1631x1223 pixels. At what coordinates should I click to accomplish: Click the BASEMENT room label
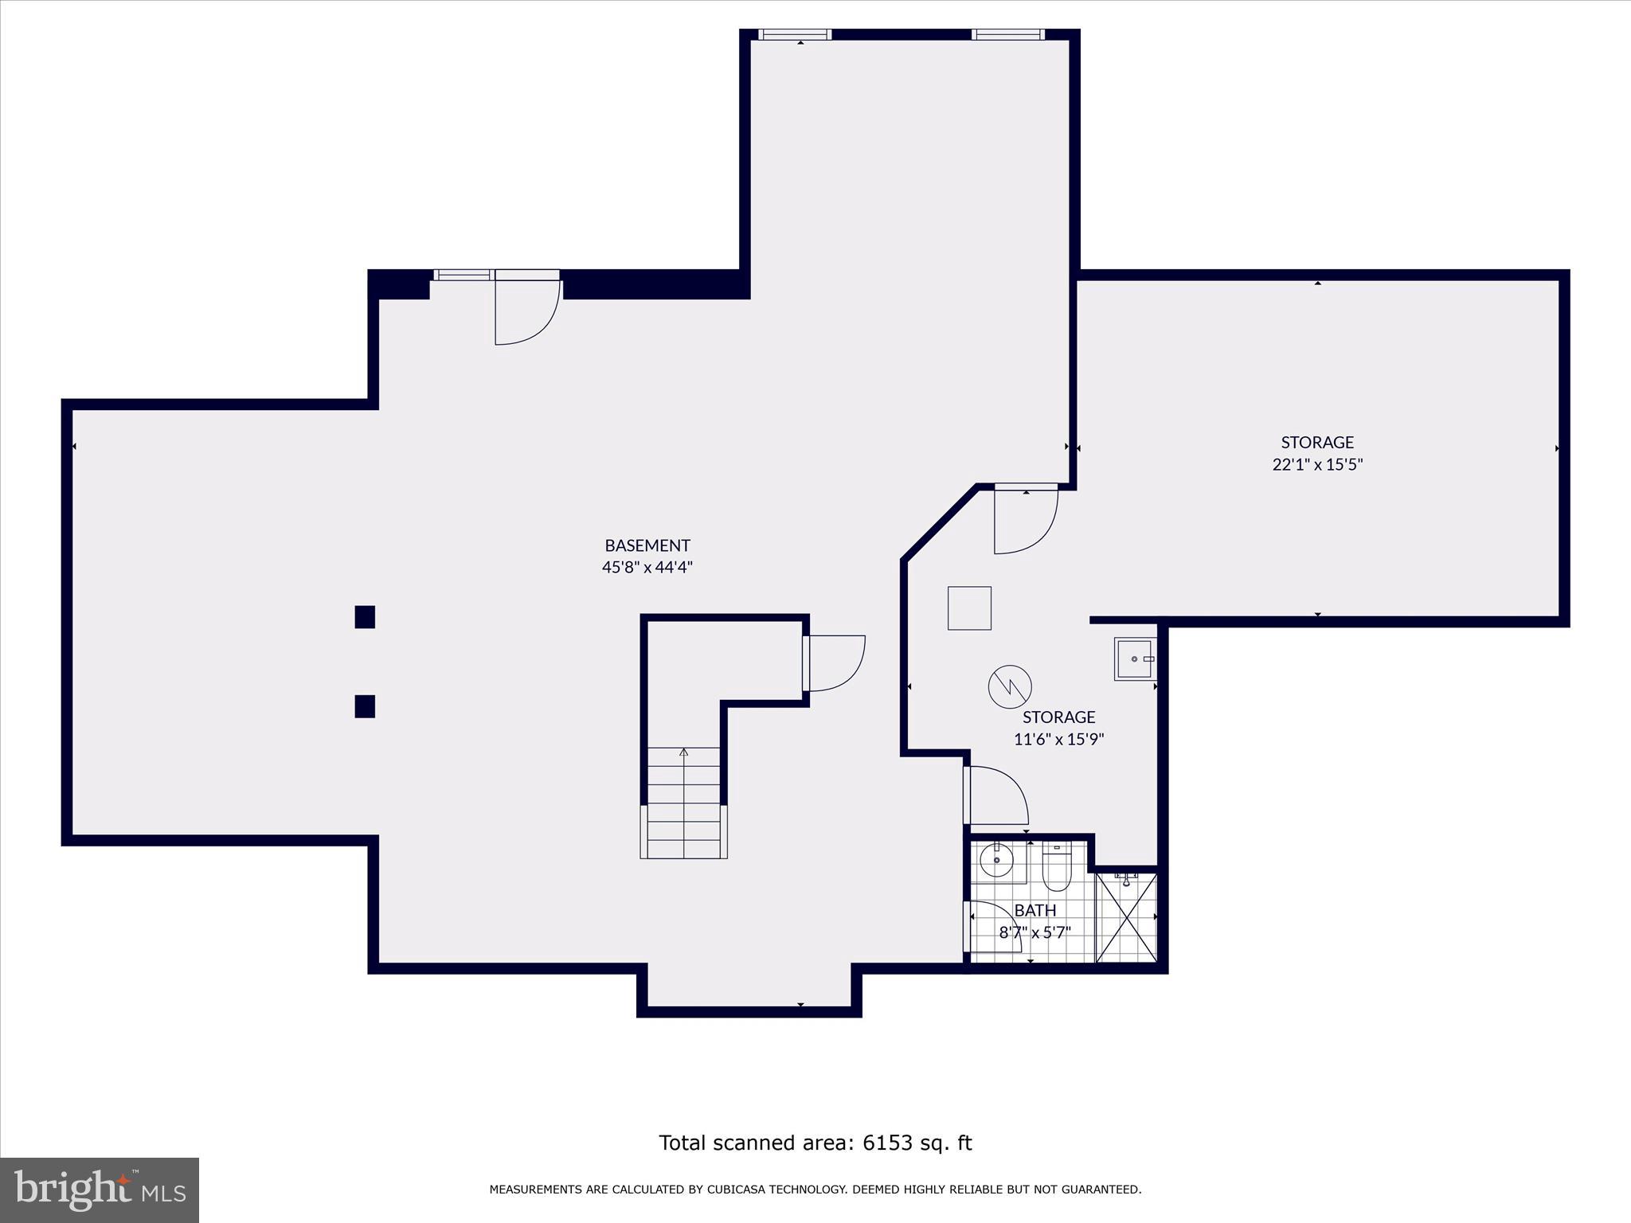click(x=647, y=545)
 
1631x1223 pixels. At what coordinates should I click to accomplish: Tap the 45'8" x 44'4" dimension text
click(x=647, y=568)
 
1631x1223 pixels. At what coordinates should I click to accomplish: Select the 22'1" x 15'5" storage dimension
click(x=1317, y=464)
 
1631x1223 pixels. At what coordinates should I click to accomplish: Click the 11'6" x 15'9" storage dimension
click(x=1058, y=739)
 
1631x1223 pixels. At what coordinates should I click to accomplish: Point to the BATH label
click(x=1035, y=910)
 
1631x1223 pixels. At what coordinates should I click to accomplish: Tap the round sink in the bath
click(x=995, y=860)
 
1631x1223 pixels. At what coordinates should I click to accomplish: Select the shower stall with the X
click(x=1126, y=917)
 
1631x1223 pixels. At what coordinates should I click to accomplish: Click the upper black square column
click(x=365, y=617)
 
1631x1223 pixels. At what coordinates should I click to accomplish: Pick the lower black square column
click(x=365, y=706)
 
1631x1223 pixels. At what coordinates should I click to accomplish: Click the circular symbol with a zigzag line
click(x=1010, y=686)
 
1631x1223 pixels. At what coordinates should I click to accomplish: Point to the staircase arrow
click(x=683, y=752)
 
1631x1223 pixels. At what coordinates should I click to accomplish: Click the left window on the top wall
click(x=794, y=34)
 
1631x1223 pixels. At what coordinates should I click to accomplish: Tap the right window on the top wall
click(x=1007, y=34)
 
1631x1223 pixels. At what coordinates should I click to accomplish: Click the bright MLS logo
click(x=100, y=1190)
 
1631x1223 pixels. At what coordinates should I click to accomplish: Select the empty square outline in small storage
click(x=969, y=608)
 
